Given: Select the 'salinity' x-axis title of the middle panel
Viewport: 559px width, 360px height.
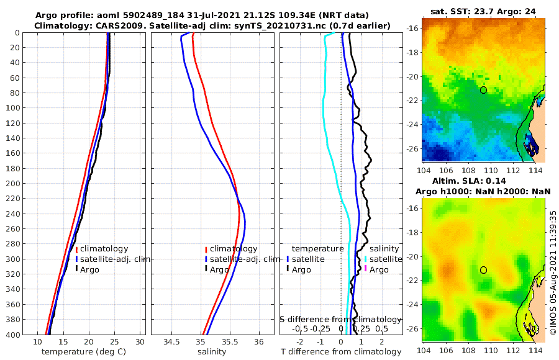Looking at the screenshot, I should click(212, 352).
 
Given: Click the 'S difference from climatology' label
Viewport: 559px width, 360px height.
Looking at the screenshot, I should click(340, 318).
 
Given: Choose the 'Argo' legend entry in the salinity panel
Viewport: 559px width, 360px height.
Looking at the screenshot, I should click(219, 269).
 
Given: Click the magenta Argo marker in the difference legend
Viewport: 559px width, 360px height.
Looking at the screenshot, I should click(366, 269).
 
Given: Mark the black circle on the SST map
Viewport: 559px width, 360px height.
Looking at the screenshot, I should click(483, 90).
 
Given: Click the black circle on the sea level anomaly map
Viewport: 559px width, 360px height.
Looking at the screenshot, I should click(483, 270).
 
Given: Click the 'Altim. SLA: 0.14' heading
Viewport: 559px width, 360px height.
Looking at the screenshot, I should click(483, 181).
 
